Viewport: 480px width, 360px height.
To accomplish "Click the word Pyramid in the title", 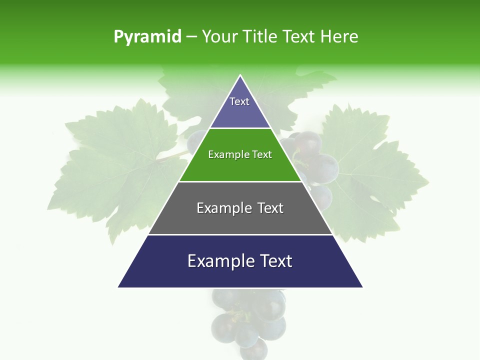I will click(x=147, y=37).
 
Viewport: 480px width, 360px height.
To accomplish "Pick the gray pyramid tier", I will click(x=240, y=215).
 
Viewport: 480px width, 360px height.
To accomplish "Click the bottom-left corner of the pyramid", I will click(x=119, y=286).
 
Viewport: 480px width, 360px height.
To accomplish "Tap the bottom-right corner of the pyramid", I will click(x=361, y=286).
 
